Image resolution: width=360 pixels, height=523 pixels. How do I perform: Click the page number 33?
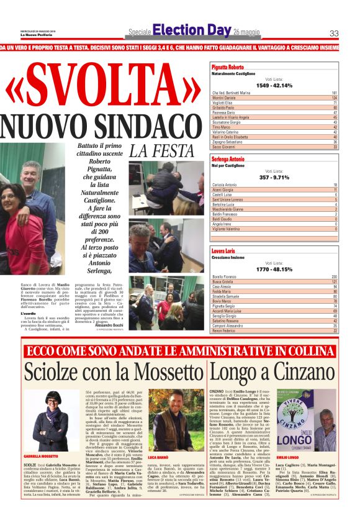(334, 34)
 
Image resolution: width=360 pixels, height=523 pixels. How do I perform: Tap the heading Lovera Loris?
(223, 250)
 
